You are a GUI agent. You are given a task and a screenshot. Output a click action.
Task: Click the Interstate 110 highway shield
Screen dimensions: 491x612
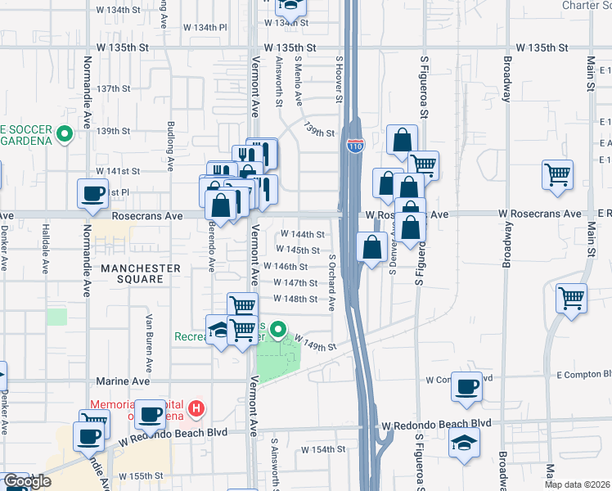pyautogui.click(x=355, y=146)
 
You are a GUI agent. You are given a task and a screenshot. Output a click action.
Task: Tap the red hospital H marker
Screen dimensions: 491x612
pyautogui.click(x=196, y=407)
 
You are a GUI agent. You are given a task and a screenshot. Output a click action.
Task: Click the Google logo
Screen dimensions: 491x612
pyautogui.click(x=27, y=481)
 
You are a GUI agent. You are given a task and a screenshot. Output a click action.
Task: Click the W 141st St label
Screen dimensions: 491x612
pyautogui.click(x=118, y=171)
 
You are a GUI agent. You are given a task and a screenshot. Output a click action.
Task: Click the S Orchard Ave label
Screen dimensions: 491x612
pyautogui.click(x=332, y=283)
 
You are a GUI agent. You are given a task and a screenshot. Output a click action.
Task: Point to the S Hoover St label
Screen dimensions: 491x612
pyautogui.click(x=337, y=79)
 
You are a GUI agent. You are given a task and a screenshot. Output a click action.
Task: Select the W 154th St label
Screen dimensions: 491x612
pyautogui.click(x=323, y=450)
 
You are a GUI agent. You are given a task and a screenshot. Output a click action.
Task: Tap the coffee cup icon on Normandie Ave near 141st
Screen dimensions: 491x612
pyautogui.click(x=92, y=194)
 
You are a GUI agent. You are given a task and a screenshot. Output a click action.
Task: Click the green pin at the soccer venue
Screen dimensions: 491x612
pyautogui.click(x=65, y=131)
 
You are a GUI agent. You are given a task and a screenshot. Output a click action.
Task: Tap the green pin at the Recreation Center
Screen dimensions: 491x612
pyautogui.click(x=278, y=331)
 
